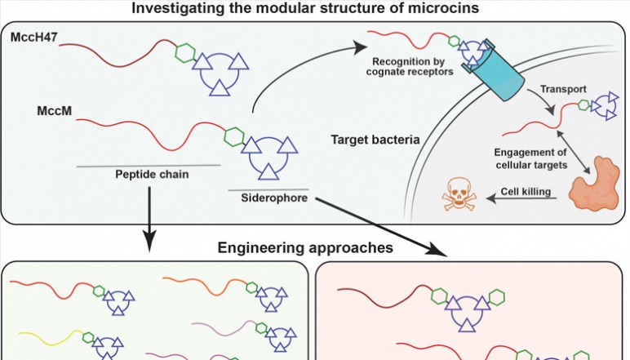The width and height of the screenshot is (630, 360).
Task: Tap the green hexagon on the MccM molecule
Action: pos(235,136)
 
